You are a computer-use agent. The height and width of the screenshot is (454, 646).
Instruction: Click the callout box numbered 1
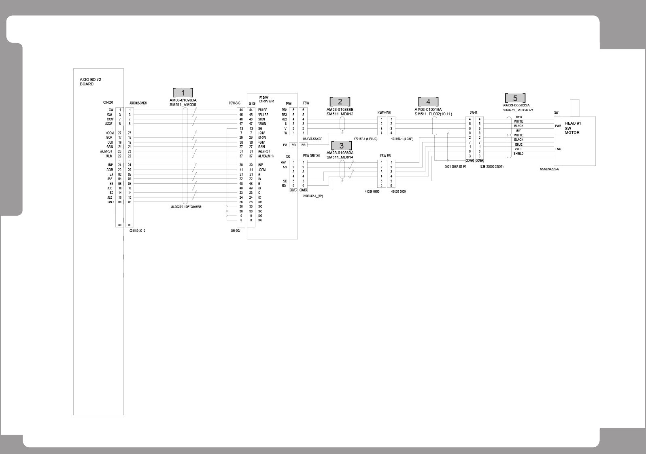coord(183,92)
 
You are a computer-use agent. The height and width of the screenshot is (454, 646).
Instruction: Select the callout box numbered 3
coord(341,146)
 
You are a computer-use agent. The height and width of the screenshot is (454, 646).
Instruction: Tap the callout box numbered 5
coord(515,98)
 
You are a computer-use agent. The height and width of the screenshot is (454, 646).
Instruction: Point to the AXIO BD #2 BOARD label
coord(90,82)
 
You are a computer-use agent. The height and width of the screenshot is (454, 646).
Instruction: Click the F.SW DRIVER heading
coord(266,99)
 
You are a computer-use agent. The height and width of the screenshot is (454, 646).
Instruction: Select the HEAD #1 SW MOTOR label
coord(573,128)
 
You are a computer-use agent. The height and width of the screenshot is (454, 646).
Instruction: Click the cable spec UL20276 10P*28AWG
coord(186,207)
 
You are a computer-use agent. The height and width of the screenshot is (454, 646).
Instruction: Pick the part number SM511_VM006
coord(183,105)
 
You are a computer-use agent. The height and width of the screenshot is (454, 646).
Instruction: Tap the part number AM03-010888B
coord(340,109)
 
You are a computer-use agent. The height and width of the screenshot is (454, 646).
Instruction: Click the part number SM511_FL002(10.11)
coord(433,114)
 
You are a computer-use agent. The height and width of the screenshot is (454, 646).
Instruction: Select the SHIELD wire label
coord(518,154)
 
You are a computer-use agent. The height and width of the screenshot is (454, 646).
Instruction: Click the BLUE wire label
coord(518,144)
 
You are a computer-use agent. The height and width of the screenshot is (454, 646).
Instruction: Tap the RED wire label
coord(518,117)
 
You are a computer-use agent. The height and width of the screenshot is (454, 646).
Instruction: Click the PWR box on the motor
coord(558,126)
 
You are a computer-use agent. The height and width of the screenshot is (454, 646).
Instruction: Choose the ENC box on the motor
coord(558,149)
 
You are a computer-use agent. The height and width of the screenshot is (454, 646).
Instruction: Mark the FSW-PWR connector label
coord(384,112)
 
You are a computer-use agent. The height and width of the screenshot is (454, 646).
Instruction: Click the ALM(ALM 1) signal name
coord(266,156)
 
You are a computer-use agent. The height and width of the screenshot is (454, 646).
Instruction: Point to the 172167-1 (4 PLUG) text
coord(365,139)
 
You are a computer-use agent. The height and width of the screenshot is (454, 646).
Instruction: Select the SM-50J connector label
coord(235,231)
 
